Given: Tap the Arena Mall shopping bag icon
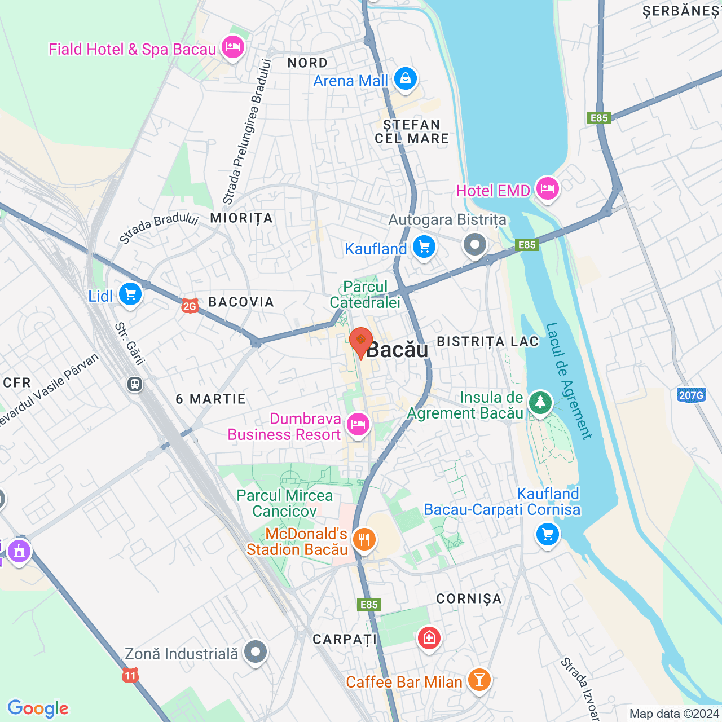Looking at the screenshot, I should click(x=405, y=79).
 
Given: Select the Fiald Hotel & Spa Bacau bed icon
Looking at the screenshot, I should click(x=232, y=47).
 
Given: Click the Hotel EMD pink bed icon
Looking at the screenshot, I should click(x=547, y=188).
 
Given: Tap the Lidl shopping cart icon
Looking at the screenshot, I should click(x=130, y=294).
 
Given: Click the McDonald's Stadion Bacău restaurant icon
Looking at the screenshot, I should click(x=364, y=539).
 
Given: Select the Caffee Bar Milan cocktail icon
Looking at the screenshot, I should click(x=479, y=680).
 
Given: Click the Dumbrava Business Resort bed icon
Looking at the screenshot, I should click(x=358, y=424).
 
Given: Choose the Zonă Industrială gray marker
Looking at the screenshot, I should click(x=256, y=652).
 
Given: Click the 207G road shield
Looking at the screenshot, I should click(x=691, y=395).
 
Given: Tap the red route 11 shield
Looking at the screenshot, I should click(x=130, y=675).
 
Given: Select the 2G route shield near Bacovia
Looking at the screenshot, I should click(x=190, y=306).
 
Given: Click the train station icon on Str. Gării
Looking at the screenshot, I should click(x=135, y=384).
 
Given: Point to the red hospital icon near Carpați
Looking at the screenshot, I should click(x=429, y=638).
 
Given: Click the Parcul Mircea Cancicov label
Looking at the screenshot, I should click(x=285, y=503).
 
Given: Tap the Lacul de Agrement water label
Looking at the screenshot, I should click(x=569, y=381).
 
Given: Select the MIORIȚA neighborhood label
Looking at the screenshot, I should click(x=241, y=218).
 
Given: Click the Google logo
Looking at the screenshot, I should click(x=38, y=708).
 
